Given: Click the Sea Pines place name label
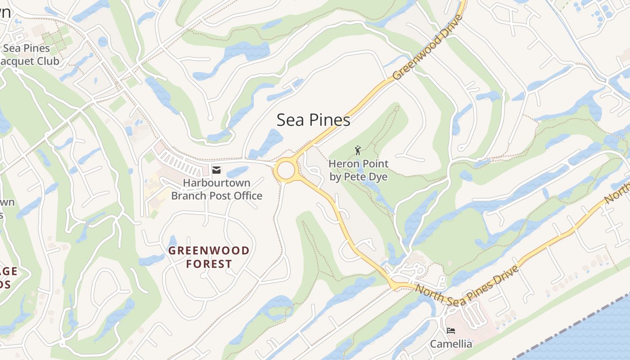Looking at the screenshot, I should pyautogui.click(x=313, y=120).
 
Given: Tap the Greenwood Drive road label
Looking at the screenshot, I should pyautogui.click(x=427, y=48).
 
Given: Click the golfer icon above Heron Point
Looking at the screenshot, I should pyautogui.click(x=358, y=150).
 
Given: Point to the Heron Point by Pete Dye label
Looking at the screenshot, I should pyautogui.click(x=358, y=170).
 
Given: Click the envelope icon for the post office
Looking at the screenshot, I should pyautogui.click(x=216, y=170).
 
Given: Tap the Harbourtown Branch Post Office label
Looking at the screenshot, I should pyautogui.click(x=216, y=189).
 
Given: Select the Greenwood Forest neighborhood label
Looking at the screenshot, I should pyautogui.click(x=209, y=257).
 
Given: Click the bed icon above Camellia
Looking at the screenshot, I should pyautogui.click(x=451, y=331).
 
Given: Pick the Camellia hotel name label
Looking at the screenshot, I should pyautogui.click(x=451, y=344).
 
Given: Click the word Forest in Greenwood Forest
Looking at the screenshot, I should pyautogui.click(x=209, y=264).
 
